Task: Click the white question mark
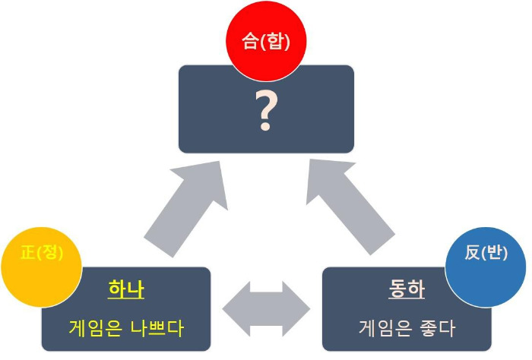tap(265, 111)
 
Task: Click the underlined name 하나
tap(126, 290)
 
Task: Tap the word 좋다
tap(439, 328)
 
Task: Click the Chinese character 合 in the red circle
tap(249, 42)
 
